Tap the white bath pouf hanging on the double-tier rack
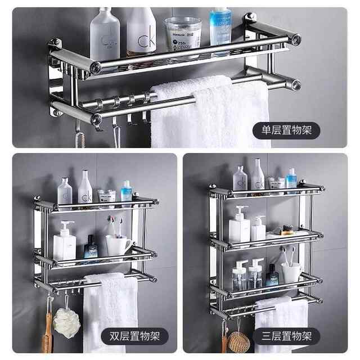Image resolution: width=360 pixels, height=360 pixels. (x=66, y=322)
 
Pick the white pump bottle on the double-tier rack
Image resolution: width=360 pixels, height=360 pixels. (x=65, y=242)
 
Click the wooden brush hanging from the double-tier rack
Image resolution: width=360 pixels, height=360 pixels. (x=48, y=332)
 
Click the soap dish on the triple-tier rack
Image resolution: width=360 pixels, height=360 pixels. (x=278, y=232)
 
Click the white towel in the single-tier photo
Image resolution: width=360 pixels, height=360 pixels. (x=208, y=115)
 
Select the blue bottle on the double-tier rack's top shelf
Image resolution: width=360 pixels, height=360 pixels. (x=127, y=191)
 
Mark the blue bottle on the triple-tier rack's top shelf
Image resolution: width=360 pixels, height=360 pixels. (x=291, y=179)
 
